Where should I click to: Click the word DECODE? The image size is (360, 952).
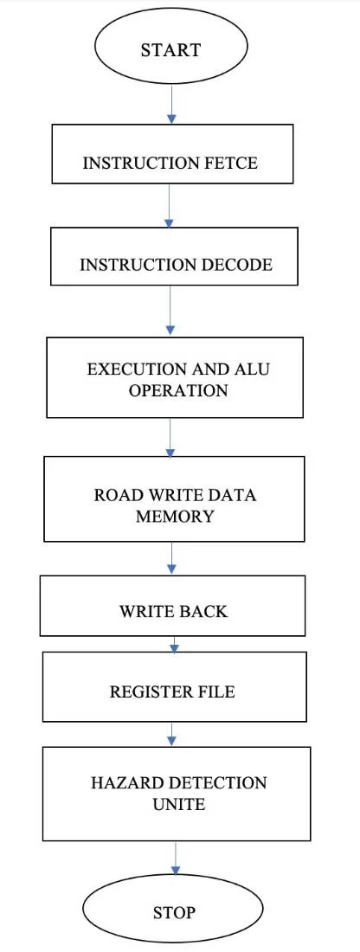tap(235, 265)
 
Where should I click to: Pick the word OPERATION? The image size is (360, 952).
tap(178, 389)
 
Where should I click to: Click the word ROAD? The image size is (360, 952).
tap(112, 495)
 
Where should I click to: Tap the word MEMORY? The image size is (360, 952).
tap(175, 516)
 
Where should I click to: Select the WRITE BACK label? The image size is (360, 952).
tap(174, 611)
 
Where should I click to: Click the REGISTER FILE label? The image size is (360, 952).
tap(172, 691)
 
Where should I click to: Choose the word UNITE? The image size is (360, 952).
tap(179, 805)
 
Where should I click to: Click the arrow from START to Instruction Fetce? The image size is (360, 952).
tap(172, 105)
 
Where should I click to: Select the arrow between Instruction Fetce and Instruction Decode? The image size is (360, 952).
tap(170, 205)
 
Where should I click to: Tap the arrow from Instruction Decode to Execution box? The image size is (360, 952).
tap(170, 311)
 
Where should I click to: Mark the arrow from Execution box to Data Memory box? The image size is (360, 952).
tap(170, 437)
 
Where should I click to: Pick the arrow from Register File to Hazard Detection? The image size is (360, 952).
tap(172, 735)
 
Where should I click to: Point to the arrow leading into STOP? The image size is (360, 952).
tap(176, 858)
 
